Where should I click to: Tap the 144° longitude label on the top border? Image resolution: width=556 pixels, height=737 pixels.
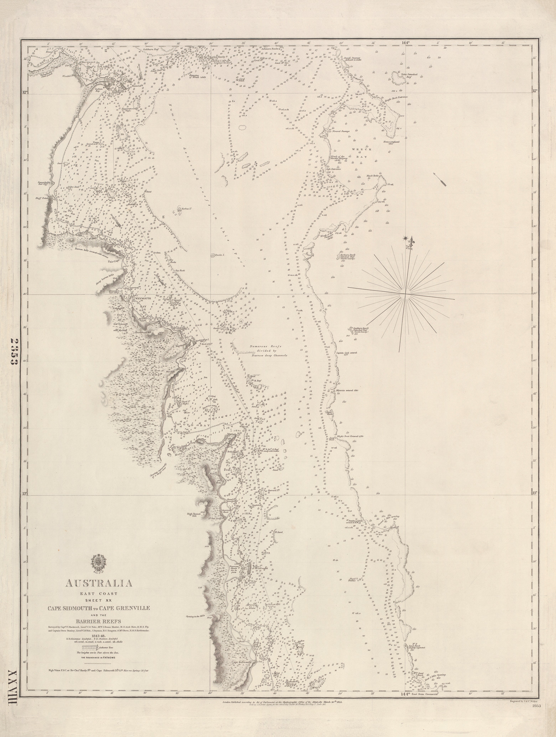pos(405,43)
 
